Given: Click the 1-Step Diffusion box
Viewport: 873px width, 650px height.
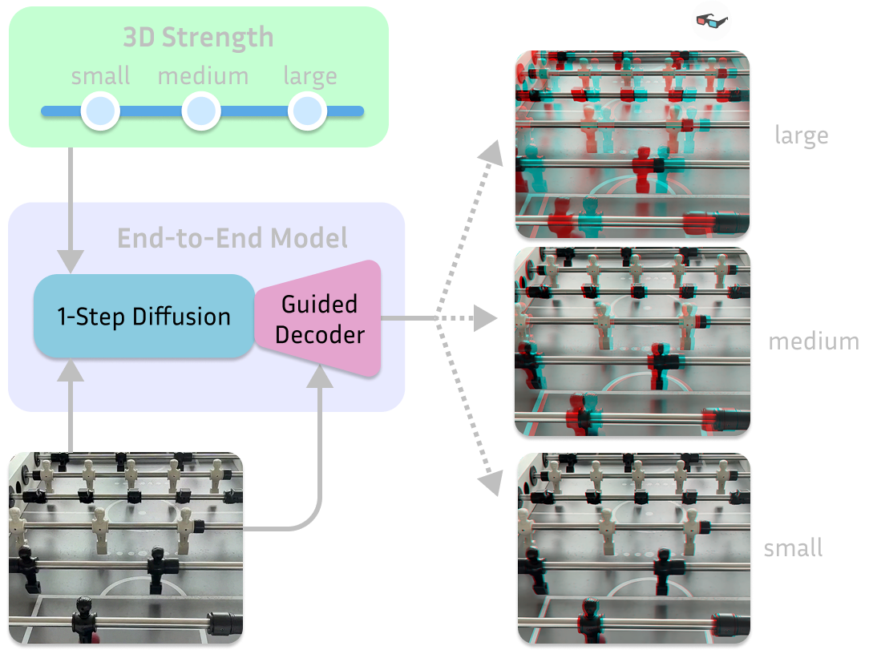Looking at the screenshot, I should [x=143, y=316].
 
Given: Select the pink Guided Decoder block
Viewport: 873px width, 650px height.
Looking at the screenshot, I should [x=320, y=318].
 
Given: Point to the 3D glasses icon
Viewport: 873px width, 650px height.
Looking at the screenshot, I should [x=711, y=22].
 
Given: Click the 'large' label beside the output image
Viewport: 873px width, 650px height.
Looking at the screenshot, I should [x=801, y=135].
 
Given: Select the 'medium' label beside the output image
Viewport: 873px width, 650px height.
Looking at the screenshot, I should [x=813, y=341].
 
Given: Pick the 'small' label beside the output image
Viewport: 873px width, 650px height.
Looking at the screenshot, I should [x=793, y=548].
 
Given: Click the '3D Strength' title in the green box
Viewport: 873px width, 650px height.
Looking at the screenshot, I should [x=198, y=38].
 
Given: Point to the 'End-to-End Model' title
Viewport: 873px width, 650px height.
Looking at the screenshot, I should [x=232, y=238].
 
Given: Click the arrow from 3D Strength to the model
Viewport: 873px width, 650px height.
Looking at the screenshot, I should [x=72, y=208].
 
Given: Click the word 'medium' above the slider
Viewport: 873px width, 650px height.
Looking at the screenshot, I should [x=203, y=77].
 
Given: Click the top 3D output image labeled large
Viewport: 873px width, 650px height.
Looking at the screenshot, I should [x=632, y=145].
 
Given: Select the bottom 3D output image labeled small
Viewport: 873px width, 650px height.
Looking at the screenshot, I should [x=633, y=549].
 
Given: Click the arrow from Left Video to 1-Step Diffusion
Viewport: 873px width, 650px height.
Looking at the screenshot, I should [x=72, y=405].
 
